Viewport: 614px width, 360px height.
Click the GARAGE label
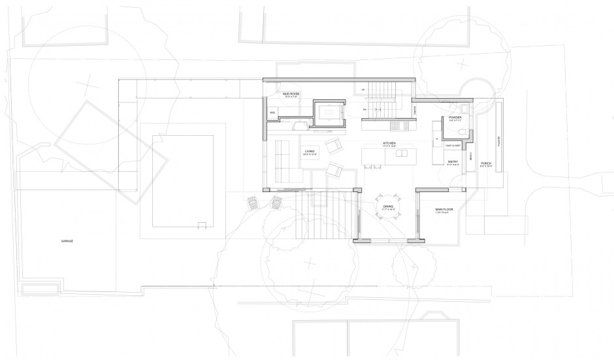[x=67, y=241]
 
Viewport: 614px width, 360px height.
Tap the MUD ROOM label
[x=291, y=94]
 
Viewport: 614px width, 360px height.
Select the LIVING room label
[x=310, y=151]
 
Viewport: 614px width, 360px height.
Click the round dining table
[x=389, y=203]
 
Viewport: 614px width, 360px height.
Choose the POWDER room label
[x=455, y=118]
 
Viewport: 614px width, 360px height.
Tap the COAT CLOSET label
[x=453, y=145]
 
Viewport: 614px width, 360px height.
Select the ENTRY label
[x=453, y=160]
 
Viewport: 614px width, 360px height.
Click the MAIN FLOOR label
[x=444, y=210]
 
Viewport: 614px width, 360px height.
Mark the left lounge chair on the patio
[x=251, y=203]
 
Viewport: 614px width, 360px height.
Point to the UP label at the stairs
[x=363, y=90]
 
